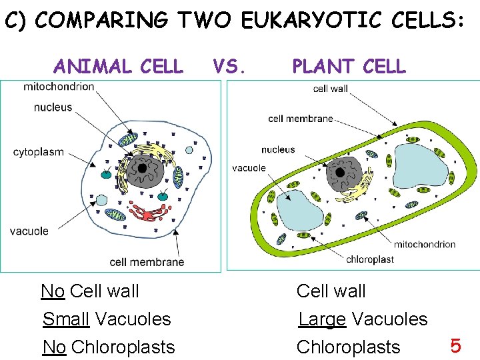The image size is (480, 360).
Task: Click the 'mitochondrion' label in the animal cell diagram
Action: coord(59,87)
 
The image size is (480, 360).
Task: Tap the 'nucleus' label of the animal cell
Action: coord(53,107)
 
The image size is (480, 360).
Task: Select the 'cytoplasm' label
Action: coord(39,152)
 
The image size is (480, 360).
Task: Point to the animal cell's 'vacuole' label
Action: coord(29,231)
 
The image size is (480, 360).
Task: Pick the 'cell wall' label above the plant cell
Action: coord(330,89)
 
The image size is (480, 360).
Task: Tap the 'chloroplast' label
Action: coord(370,259)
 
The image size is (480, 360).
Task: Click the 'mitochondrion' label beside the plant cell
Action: coord(425,244)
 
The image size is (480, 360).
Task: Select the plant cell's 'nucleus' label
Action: coord(278,150)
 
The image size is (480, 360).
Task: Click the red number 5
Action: coord(456,346)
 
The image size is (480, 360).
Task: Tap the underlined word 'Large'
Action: coord(322,319)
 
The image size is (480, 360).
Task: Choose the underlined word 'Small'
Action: coord(66,319)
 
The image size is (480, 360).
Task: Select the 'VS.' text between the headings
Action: coord(231,66)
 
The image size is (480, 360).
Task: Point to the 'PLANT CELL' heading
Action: coord(349,67)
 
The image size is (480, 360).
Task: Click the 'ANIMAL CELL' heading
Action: coord(118,67)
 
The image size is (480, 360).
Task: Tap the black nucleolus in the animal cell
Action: coord(143,167)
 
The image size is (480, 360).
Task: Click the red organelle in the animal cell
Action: coord(150,213)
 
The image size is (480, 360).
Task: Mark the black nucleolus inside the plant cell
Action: coord(341,173)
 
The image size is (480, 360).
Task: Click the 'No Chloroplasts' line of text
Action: coord(109,347)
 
